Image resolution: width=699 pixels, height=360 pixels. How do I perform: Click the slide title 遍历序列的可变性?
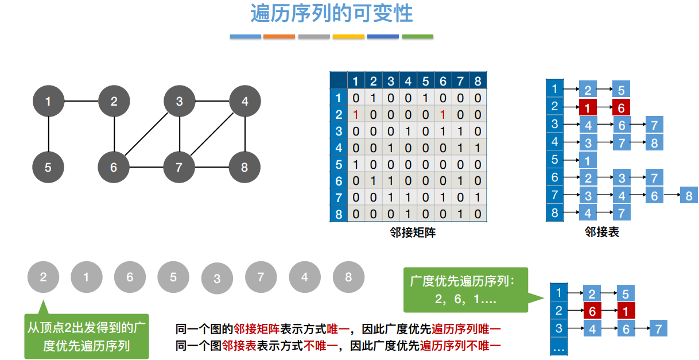[x=332, y=13]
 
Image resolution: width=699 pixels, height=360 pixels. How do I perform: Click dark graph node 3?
[x=180, y=102]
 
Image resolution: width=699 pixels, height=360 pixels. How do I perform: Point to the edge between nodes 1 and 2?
[x=81, y=102]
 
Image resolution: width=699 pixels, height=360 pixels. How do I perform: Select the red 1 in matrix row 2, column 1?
[x=356, y=115]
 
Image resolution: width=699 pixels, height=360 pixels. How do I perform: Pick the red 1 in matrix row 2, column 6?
[x=443, y=115]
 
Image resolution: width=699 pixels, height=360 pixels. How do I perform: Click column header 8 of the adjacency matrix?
[x=478, y=81]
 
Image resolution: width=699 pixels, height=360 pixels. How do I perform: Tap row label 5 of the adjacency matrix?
[x=339, y=165]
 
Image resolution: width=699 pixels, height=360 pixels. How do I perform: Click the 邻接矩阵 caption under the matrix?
[x=408, y=233]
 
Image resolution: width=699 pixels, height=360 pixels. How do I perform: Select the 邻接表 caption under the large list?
[x=602, y=233]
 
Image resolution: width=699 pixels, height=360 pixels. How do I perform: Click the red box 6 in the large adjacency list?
[x=621, y=107]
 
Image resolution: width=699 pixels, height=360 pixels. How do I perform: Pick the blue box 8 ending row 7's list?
[x=689, y=196]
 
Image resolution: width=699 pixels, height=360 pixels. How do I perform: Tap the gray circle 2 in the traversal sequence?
[x=43, y=277]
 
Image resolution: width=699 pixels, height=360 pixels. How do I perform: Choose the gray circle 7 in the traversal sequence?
[x=261, y=277]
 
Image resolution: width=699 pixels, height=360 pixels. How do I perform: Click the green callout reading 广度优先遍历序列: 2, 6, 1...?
[x=465, y=290]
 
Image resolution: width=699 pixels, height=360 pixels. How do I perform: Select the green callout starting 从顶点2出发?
[x=87, y=336]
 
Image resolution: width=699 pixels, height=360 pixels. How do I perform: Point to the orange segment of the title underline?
[x=279, y=37]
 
